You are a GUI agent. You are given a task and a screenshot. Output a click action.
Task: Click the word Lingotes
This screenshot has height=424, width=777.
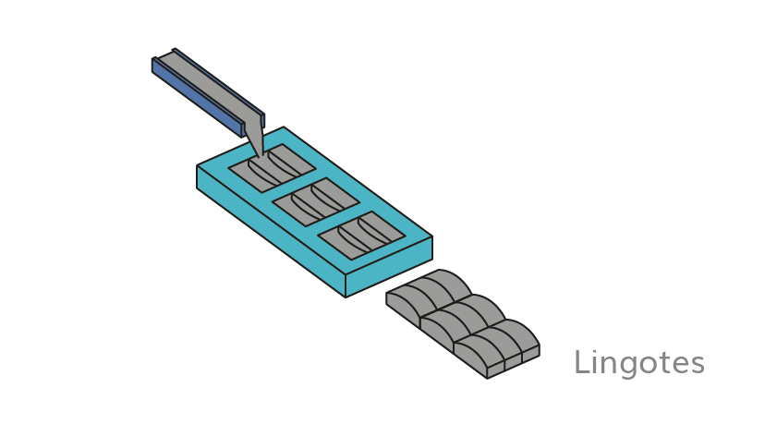point(639,363)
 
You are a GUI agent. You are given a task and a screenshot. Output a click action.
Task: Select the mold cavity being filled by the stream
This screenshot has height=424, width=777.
point(272,168)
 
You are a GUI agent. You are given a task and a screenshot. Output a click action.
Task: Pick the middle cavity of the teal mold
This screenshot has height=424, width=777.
point(316,201)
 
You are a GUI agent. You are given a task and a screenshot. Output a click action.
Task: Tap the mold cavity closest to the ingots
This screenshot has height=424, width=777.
point(361,236)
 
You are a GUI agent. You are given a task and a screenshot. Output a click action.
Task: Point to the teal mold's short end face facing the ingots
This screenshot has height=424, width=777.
point(390,266)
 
